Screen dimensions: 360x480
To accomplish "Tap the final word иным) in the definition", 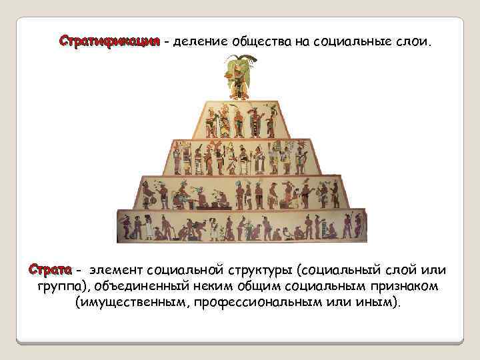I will point(383,303).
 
